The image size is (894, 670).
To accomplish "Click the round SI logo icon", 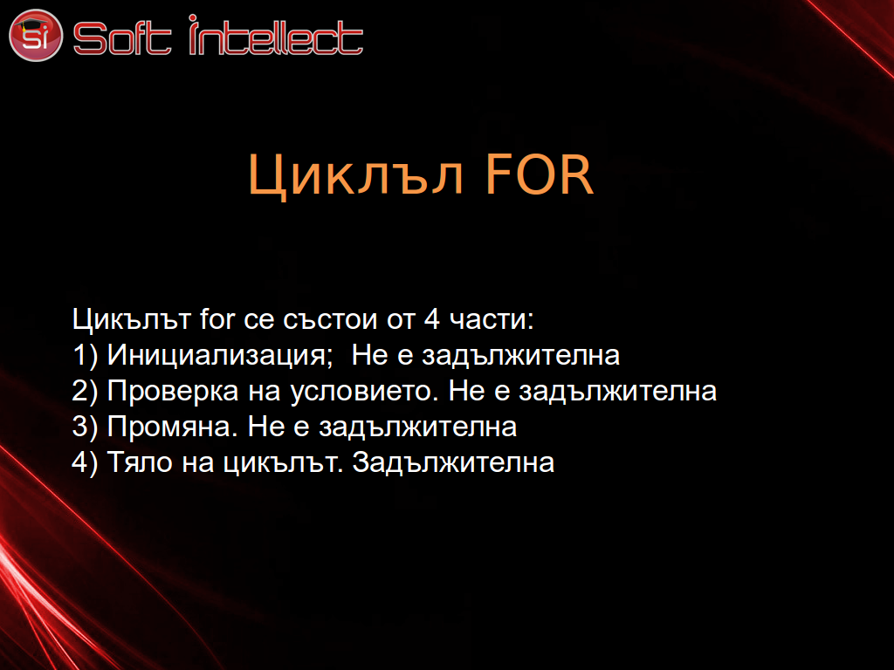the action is pyautogui.click(x=35, y=35).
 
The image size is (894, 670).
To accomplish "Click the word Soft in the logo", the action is pyautogui.click(x=122, y=38).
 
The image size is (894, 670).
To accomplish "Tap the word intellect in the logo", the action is pyautogui.click(x=276, y=35).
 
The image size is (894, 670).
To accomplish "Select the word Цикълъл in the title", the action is pyautogui.click(x=355, y=175).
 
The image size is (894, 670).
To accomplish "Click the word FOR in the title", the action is pyautogui.click(x=540, y=174).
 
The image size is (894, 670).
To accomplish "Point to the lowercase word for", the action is pyautogui.click(x=217, y=318).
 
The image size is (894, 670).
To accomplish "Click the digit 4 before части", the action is pyautogui.click(x=431, y=319).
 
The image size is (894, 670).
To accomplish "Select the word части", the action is pyautogui.click(x=492, y=320).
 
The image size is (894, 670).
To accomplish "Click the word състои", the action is pyautogui.click(x=330, y=320).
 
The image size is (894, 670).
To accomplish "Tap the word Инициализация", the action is pyautogui.click(x=220, y=356).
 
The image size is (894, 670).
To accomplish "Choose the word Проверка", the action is pyautogui.click(x=173, y=392).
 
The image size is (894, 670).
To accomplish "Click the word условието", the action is pyautogui.click(x=364, y=392).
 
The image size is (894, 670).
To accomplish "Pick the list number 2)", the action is pyautogui.click(x=85, y=392).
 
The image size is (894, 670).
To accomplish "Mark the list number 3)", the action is pyautogui.click(x=85, y=427).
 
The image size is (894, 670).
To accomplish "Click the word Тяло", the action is pyautogui.click(x=140, y=462).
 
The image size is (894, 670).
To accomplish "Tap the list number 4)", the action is pyautogui.click(x=85, y=462).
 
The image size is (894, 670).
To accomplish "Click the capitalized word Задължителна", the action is pyautogui.click(x=453, y=462).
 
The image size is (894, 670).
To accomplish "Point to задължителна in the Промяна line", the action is pyautogui.click(x=417, y=427).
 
